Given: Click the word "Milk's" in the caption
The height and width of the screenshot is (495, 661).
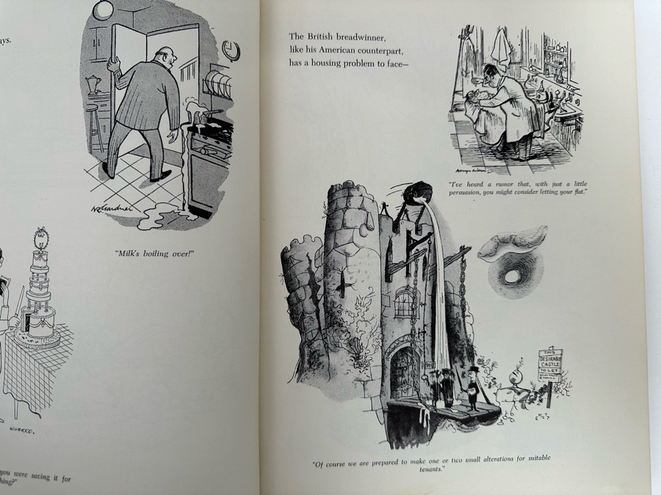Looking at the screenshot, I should [131, 253].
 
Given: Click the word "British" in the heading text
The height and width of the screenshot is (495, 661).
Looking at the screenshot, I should [320, 36].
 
